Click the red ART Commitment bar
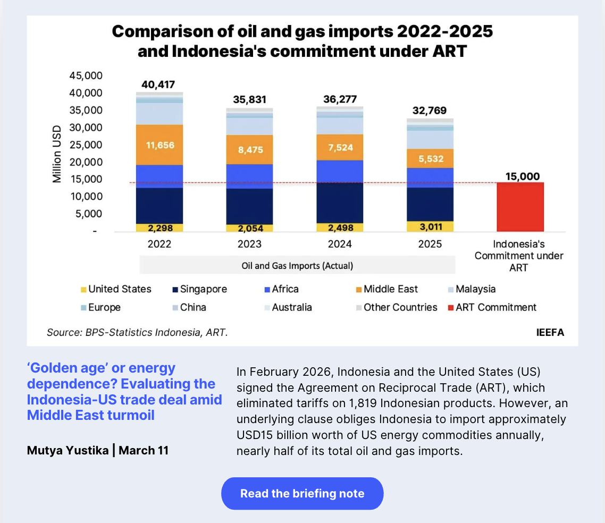pos(520,207)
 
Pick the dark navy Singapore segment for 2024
pos(340,203)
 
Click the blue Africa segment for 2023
pos(249,176)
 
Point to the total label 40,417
pos(158,84)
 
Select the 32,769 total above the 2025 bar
pos(430,111)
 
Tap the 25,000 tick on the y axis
pos(86,145)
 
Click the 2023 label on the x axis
pos(249,244)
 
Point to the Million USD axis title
pos(57,154)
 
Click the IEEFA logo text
pos(550,333)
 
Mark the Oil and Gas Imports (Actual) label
pos(297,265)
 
